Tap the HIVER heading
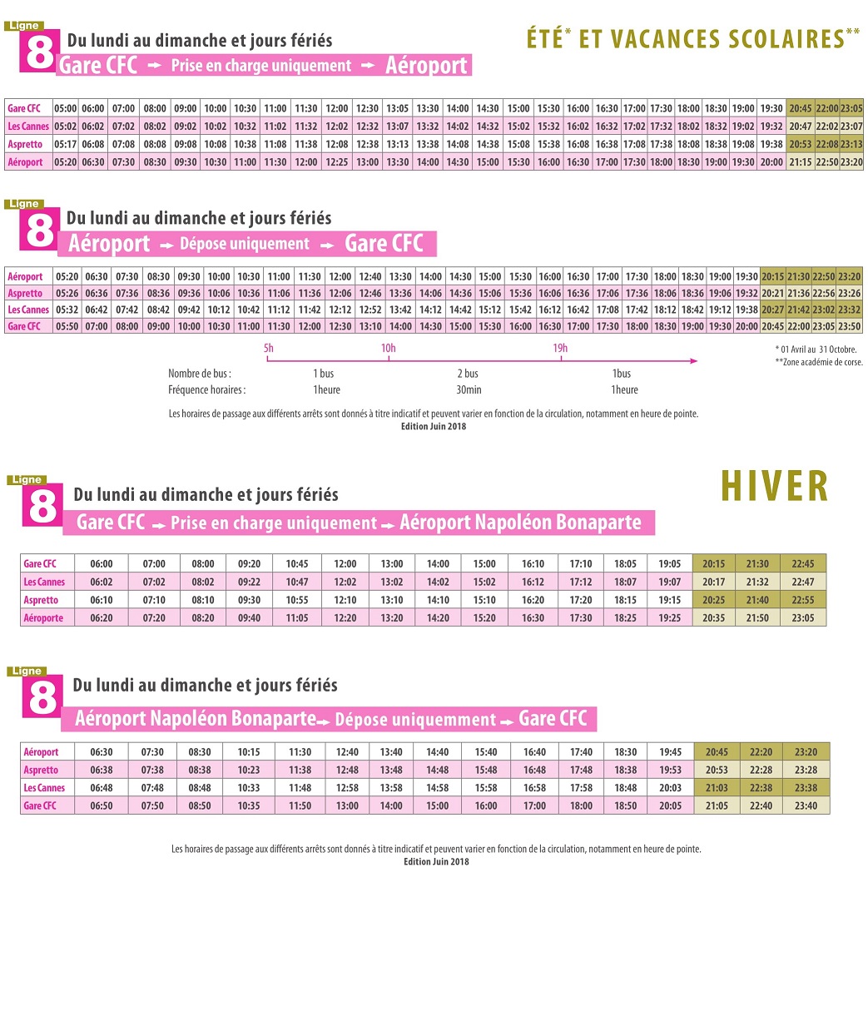point(774,487)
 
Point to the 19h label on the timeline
point(560,348)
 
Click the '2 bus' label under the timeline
point(468,374)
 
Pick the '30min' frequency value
point(468,389)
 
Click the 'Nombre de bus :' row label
point(200,374)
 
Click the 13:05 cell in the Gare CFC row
point(397,109)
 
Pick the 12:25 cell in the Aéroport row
point(336,162)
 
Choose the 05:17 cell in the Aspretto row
point(65,145)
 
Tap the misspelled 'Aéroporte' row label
point(43,618)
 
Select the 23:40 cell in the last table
point(805,805)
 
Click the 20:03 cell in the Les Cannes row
point(669,788)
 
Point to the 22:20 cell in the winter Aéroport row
point(761,752)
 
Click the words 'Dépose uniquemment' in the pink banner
point(414,720)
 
